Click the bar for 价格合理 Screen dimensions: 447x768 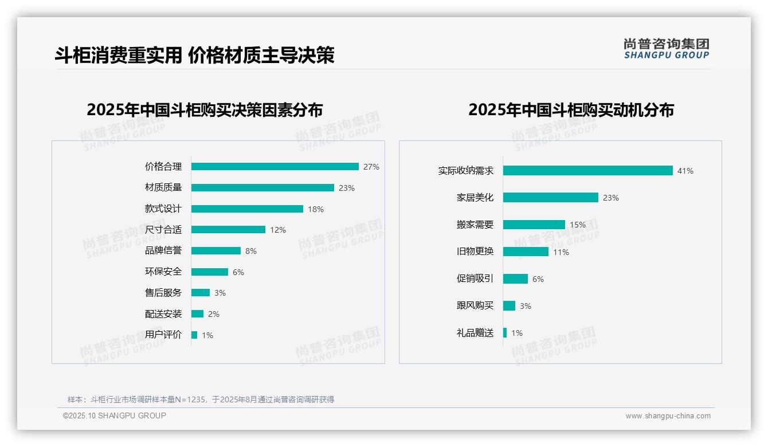[x=275, y=167]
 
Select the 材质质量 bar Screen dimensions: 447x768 [x=262, y=188]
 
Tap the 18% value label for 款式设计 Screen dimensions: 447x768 [x=316, y=209]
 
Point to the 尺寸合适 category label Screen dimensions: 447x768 [x=163, y=230]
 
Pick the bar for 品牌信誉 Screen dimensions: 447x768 [x=216, y=251]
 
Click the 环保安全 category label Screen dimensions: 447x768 [x=163, y=272]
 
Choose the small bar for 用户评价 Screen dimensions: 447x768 [x=194, y=335]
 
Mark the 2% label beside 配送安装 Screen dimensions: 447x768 [x=214, y=314]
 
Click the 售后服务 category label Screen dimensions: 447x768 [x=163, y=293]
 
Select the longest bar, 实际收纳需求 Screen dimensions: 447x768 [x=587, y=171]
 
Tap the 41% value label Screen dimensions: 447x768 [x=685, y=171]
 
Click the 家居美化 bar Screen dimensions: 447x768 [x=550, y=198]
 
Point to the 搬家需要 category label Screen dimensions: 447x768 [x=475, y=225]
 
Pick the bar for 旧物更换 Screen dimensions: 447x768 [x=526, y=252]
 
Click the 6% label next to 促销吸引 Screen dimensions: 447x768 [x=538, y=279]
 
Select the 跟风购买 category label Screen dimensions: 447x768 [x=475, y=305]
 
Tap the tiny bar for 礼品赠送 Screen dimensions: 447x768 [x=505, y=333]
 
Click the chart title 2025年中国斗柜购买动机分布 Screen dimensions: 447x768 [x=571, y=110]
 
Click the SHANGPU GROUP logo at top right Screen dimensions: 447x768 [x=666, y=48]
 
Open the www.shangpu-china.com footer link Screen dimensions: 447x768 [x=668, y=416]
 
